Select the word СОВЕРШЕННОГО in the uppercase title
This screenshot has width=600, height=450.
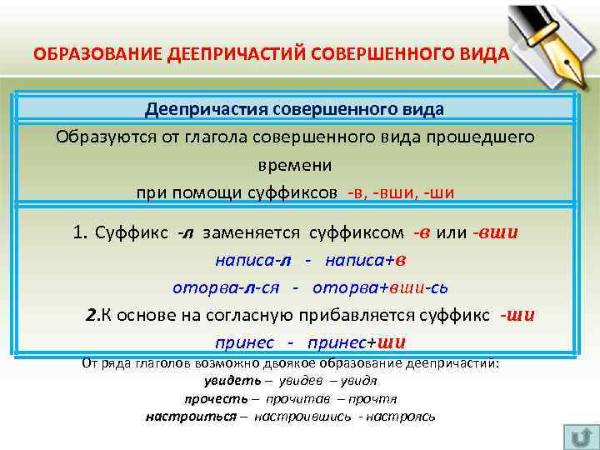tap(377, 54)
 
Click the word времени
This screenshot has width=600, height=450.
tap(294, 165)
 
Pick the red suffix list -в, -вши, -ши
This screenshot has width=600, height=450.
tap(401, 192)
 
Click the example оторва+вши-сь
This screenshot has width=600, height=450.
tap(381, 287)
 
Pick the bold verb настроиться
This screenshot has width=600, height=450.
tap(191, 416)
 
